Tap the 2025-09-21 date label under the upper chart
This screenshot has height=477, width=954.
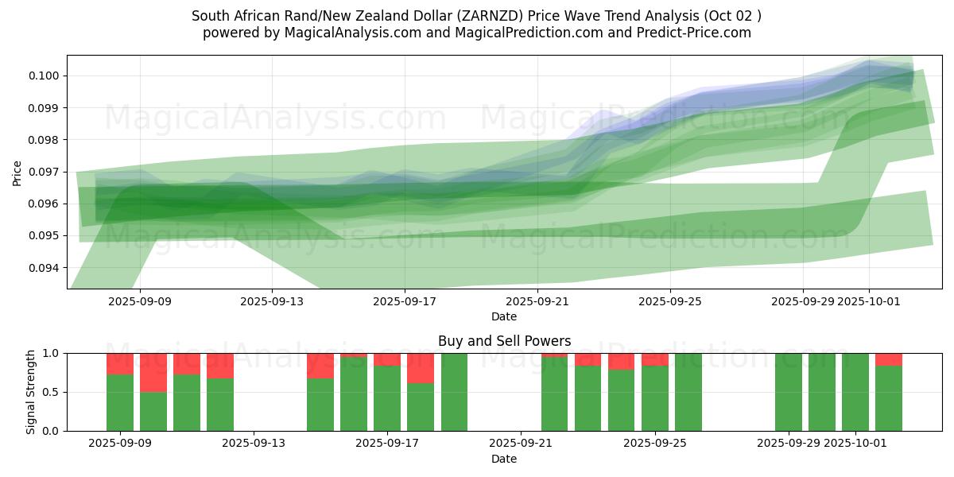537,301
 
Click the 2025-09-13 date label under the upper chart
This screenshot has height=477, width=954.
272,301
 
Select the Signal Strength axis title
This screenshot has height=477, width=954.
30,392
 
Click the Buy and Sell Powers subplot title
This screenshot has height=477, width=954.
504,341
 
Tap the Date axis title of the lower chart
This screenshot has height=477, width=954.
504,459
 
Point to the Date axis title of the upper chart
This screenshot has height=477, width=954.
504,316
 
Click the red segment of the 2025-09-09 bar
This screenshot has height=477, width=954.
120,363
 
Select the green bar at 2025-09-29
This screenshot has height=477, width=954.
789,392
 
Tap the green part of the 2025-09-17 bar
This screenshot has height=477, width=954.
387,398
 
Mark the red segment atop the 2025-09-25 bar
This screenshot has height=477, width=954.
655,359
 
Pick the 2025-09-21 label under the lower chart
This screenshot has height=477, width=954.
520,444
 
